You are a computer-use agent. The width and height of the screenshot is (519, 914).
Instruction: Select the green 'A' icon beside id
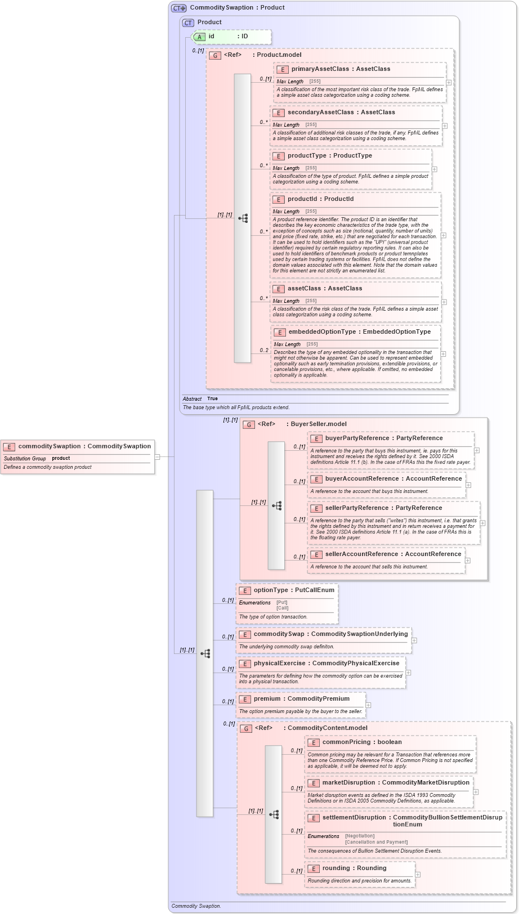coord(199,37)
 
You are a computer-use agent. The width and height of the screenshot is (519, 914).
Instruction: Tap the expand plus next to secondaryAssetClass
coord(445,126)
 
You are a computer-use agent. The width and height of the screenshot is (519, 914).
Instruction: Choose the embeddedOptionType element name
coord(322,331)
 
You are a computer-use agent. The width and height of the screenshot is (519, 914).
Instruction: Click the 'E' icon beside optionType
coord(245,590)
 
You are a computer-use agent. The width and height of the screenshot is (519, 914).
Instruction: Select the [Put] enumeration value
coord(281,602)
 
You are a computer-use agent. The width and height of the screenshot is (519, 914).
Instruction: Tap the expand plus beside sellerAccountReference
coord(468,561)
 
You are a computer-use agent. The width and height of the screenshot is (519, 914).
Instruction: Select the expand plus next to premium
coord(368,705)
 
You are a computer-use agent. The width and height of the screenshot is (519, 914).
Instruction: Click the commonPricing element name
coord(346,742)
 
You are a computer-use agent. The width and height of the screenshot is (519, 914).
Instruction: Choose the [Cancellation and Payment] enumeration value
coord(376,842)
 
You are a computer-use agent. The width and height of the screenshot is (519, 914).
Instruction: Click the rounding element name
coord(335,868)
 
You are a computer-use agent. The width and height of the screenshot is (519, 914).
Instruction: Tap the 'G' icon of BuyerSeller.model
coord(249,424)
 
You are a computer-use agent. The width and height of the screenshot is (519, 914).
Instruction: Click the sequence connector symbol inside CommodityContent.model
coord(274,814)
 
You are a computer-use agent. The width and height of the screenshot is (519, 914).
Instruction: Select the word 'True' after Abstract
coord(212,398)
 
